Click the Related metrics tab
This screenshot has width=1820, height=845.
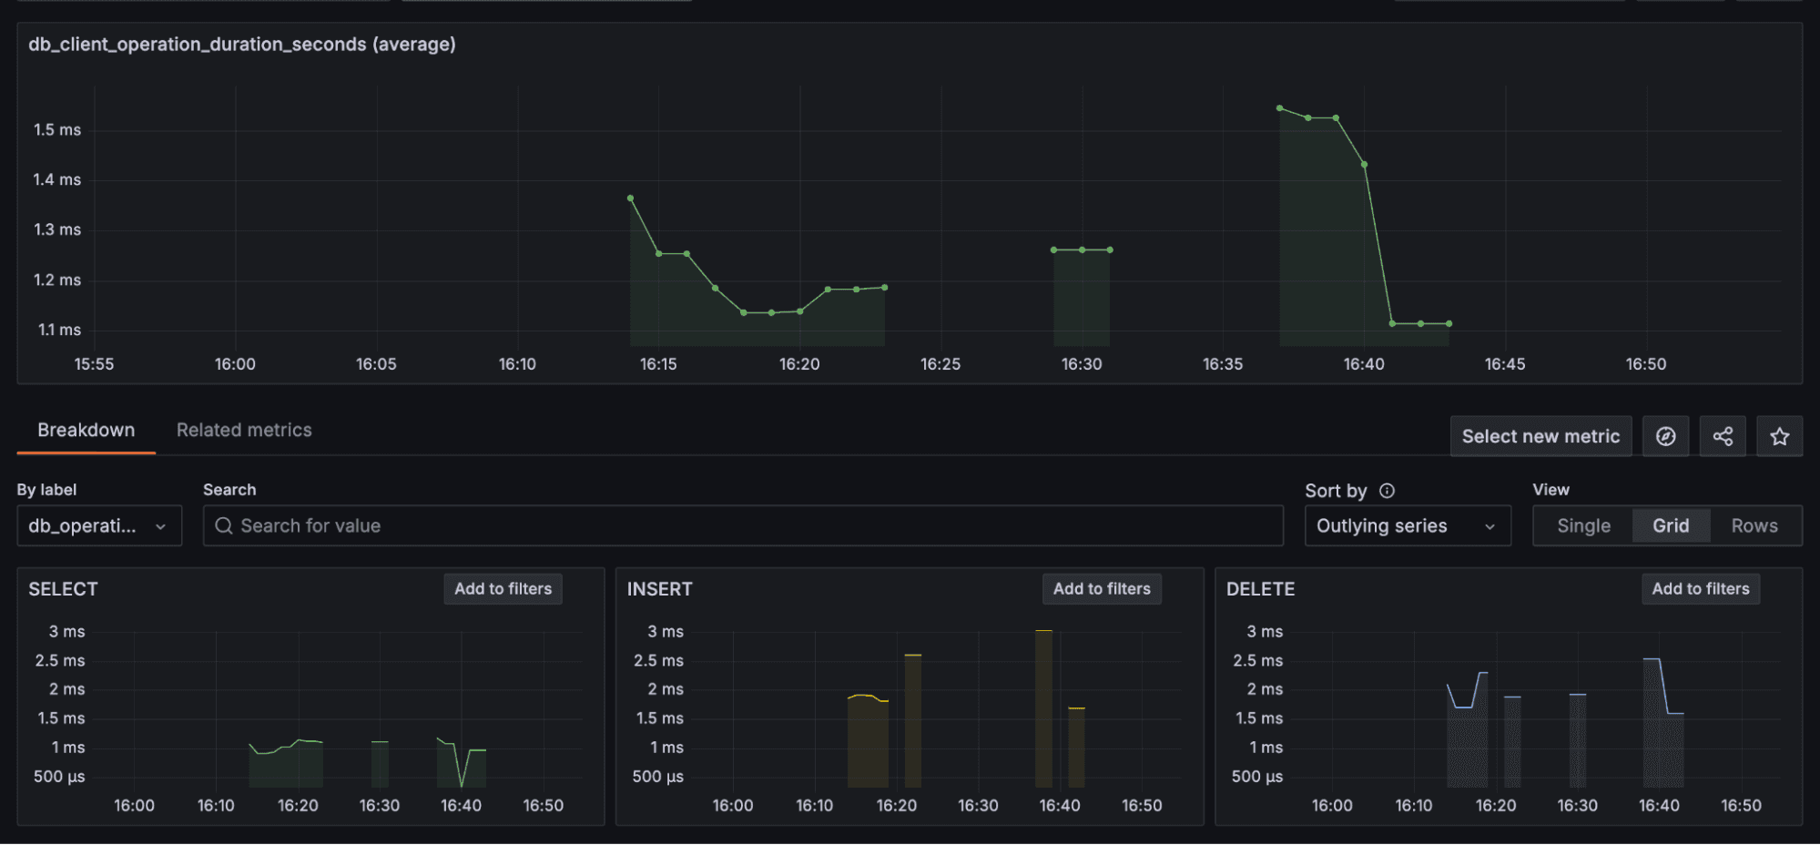click(244, 430)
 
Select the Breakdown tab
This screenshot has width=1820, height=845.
click(86, 430)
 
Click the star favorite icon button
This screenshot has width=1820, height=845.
click(1779, 436)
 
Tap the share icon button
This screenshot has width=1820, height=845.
click(1723, 436)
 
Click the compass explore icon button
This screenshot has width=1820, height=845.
click(1665, 436)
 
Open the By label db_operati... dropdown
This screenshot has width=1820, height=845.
click(98, 525)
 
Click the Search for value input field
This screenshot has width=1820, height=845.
click(742, 525)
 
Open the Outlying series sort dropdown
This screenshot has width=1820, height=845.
click(1407, 525)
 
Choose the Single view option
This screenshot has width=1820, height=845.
click(1583, 525)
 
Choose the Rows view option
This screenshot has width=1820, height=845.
click(1754, 525)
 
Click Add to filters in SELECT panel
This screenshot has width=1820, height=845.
click(503, 588)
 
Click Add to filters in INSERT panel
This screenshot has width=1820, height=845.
click(1102, 588)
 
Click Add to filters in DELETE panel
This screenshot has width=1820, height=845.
click(1700, 588)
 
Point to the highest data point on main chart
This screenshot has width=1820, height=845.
click(1280, 108)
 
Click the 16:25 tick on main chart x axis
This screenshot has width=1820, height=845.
click(941, 363)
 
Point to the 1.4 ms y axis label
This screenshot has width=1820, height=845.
click(56, 179)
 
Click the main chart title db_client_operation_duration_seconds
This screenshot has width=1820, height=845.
click(242, 44)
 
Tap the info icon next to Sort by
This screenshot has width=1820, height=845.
click(1387, 491)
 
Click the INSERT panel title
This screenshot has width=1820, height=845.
click(659, 589)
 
